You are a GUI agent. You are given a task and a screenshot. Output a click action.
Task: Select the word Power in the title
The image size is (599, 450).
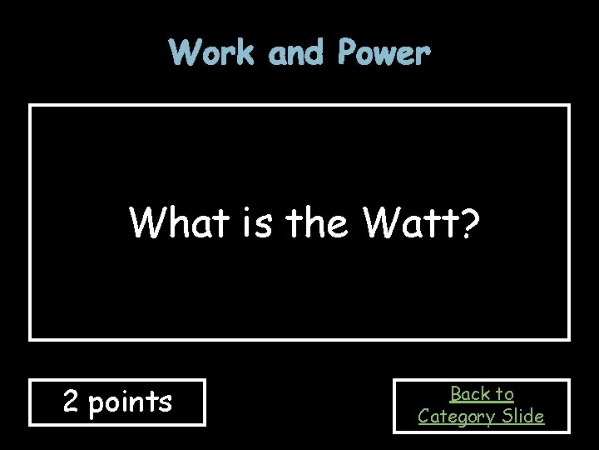click(384, 53)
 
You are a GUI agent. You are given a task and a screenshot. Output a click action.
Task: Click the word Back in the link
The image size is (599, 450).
click(471, 393)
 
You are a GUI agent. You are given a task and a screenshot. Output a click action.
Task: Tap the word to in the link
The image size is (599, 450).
click(505, 393)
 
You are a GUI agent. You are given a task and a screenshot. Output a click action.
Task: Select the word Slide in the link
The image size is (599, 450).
click(523, 415)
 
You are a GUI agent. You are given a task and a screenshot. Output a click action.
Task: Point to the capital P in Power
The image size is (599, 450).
click(347, 53)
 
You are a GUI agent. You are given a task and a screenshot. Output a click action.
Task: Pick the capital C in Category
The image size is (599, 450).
click(423, 415)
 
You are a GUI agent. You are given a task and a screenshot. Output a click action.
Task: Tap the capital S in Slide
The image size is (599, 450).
click(507, 415)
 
